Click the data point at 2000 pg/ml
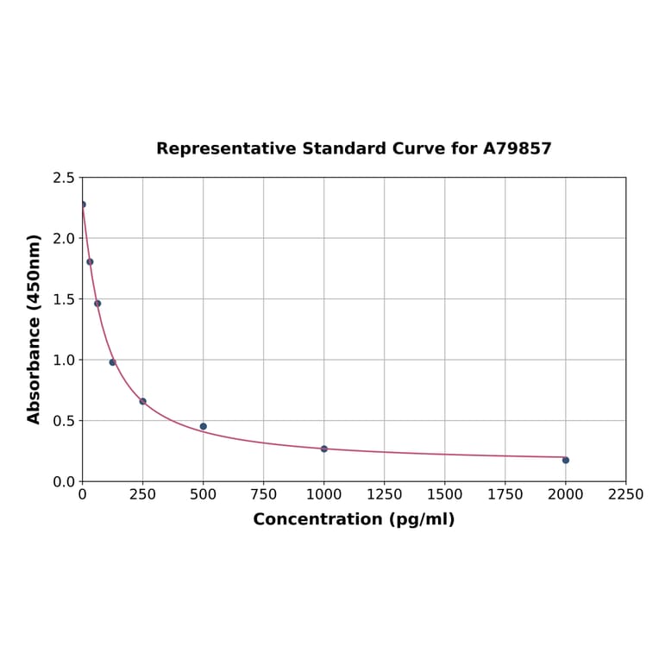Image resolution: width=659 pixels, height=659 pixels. point(565,460)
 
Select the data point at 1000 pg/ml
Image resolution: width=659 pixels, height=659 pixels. point(323,449)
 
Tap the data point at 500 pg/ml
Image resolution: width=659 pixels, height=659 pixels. point(203,426)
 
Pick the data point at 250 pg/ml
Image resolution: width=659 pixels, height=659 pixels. point(142,401)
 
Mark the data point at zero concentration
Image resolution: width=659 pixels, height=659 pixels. point(83,204)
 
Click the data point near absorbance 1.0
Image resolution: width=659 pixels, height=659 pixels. point(112,362)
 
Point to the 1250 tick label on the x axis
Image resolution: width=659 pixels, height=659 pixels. point(384,494)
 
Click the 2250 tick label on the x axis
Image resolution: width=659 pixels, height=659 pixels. point(625,494)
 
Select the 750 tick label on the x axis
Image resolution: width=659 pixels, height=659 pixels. point(263,494)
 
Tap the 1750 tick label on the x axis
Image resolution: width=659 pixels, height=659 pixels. point(505,494)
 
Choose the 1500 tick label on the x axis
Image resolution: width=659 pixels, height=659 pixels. point(444,494)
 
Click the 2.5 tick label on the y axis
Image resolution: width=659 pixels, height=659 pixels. point(64,178)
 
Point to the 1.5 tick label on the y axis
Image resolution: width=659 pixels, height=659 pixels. point(64,299)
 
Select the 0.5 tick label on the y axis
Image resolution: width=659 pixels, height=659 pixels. point(64,421)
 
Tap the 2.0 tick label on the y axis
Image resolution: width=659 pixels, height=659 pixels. point(64,238)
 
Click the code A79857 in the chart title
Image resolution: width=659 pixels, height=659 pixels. point(517,148)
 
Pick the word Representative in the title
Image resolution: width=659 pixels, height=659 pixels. point(226,148)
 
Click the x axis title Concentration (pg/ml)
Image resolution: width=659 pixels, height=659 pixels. point(354,519)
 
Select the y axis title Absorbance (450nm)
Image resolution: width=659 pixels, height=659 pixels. point(35,329)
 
